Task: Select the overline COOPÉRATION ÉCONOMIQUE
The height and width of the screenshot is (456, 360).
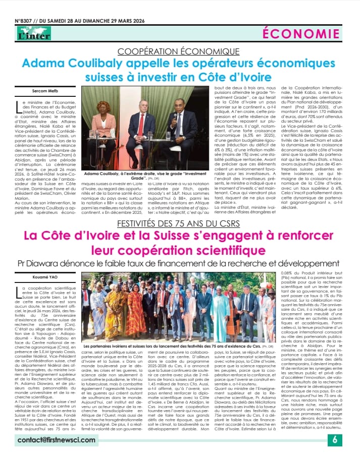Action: [x=179, y=51]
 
